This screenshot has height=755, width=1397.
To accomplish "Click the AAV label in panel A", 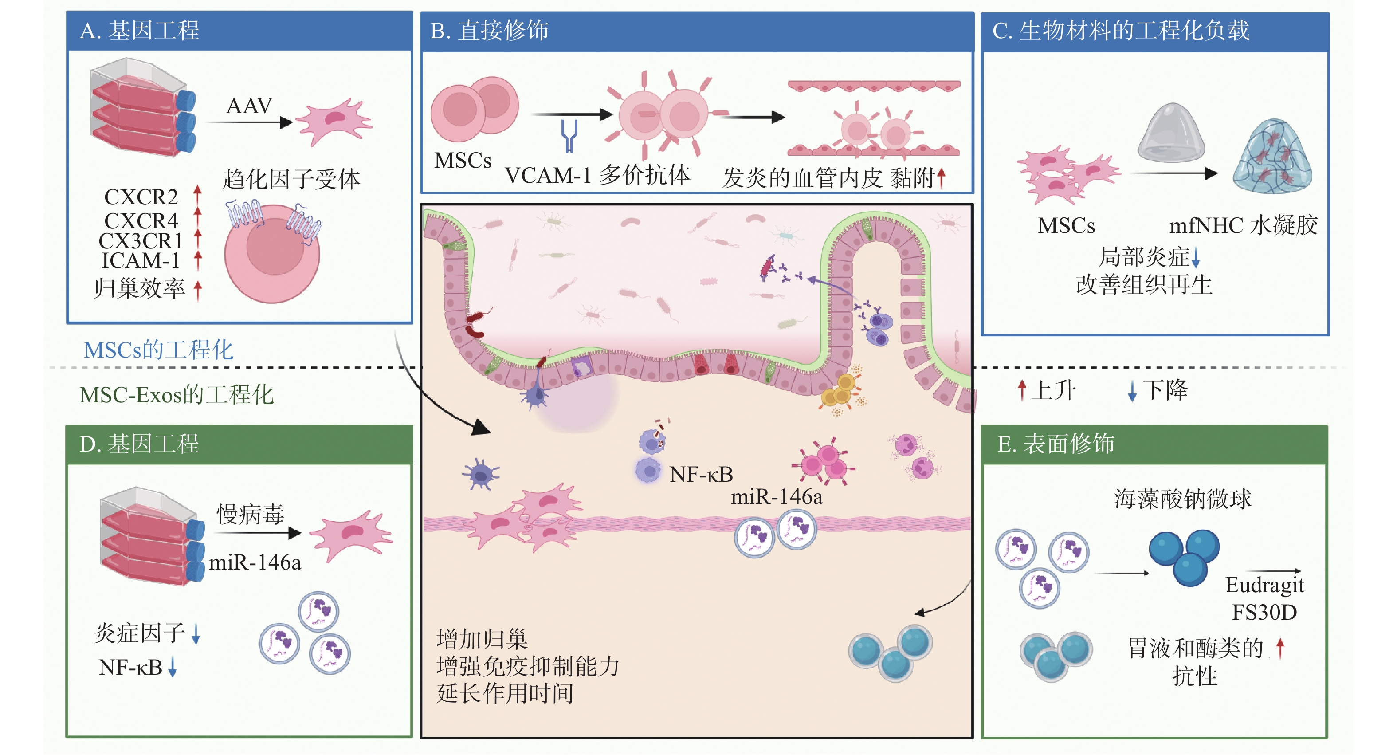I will click(x=249, y=106).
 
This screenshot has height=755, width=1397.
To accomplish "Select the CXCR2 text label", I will click(x=141, y=197).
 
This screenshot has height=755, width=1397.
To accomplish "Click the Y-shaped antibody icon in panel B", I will click(x=569, y=136).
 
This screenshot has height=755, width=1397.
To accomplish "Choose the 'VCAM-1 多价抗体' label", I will click(x=597, y=175).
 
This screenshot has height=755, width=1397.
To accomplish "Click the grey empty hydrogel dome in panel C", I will click(x=1171, y=134).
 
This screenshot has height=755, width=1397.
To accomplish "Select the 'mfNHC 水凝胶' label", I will click(x=1243, y=225).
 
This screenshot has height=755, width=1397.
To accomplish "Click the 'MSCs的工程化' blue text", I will click(x=158, y=350).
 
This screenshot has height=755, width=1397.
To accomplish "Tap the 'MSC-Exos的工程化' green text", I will click(x=176, y=395).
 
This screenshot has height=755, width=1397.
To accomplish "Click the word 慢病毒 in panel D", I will click(x=251, y=514).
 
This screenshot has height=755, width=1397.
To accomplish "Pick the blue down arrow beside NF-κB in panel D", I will click(x=173, y=667).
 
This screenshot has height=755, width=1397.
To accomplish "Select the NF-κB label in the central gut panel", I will click(x=701, y=475).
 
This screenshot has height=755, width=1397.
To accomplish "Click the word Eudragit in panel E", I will click(x=1264, y=585).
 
